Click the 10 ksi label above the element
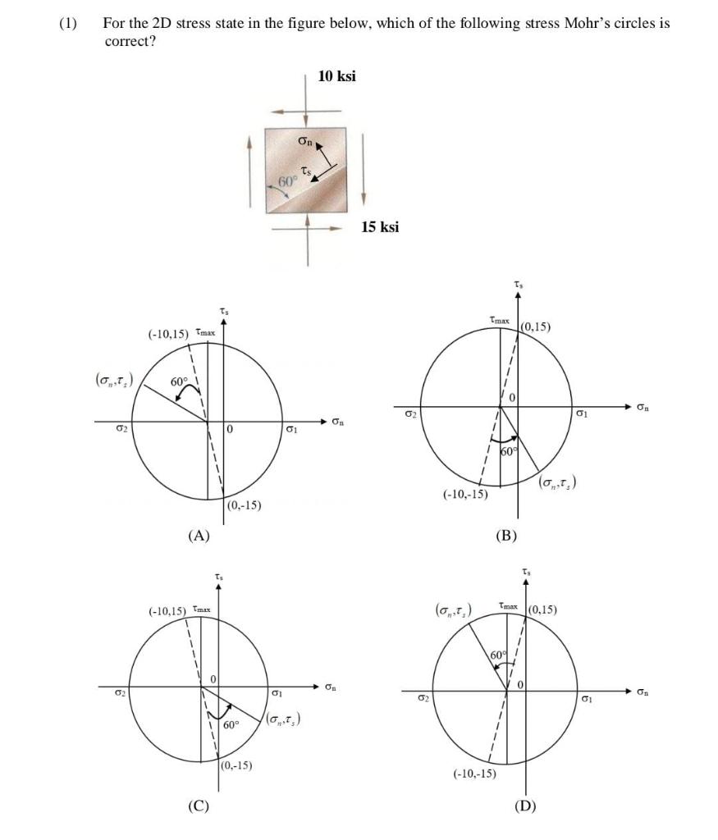tap(336, 76)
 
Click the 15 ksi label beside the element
tap(380, 226)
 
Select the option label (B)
tap(506, 536)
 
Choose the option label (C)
tap(198, 806)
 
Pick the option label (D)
tap(525, 806)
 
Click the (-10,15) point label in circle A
tap(168, 334)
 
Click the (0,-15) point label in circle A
tap(244, 505)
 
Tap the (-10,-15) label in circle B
tap(465, 495)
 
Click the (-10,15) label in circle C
tap(168, 611)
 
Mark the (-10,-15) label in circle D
tap(475, 774)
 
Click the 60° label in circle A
tap(180, 382)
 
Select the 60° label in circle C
tap(231, 725)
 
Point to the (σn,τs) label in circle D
tap(452, 611)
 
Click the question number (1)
tap(67, 23)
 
